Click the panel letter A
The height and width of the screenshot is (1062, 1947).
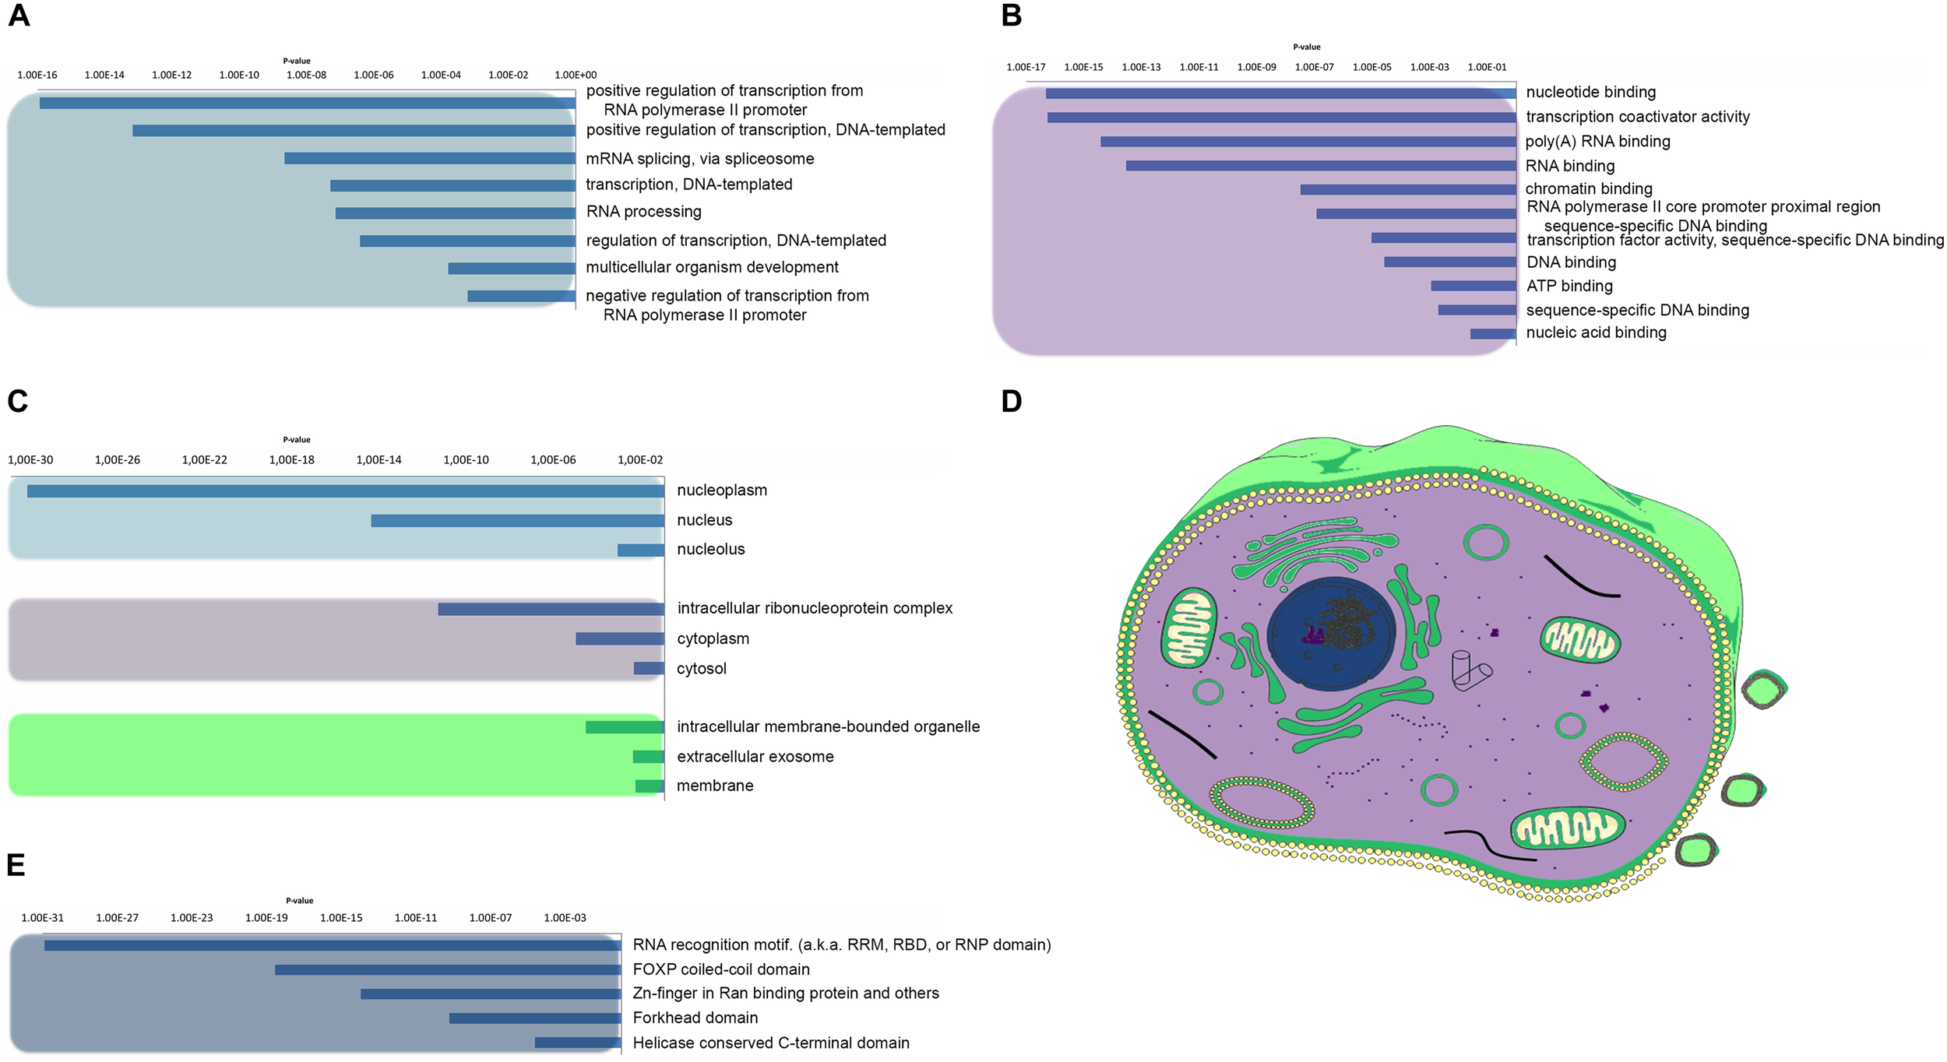pos(19,16)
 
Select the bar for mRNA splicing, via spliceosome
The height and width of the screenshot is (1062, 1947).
pos(430,159)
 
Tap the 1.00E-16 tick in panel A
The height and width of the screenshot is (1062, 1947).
pos(37,75)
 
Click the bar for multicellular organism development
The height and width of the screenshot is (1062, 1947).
pos(512,269)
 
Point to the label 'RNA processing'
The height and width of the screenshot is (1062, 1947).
pos(643,212)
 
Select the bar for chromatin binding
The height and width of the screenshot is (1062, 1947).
pos(1408,190)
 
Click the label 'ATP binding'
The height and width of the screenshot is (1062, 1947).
pos(1569,286)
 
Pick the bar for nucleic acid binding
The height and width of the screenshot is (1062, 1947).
pos(1493,334)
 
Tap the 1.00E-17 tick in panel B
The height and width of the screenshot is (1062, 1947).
pos(1026,67)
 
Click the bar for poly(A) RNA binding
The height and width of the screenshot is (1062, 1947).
pos(1308,142)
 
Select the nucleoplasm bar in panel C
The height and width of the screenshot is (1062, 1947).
pos(346,491)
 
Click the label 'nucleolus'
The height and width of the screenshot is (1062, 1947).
pos(710,549)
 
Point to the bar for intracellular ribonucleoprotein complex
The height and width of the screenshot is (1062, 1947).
pos(551,609)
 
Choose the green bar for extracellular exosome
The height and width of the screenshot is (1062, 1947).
pos(648,757)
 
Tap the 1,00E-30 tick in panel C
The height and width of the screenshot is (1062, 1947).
pos(31,460)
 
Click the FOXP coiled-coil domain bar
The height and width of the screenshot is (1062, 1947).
pos(448,970)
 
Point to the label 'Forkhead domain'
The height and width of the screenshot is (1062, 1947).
pos(695,1018)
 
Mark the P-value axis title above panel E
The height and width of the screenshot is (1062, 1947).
pos(300,901)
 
